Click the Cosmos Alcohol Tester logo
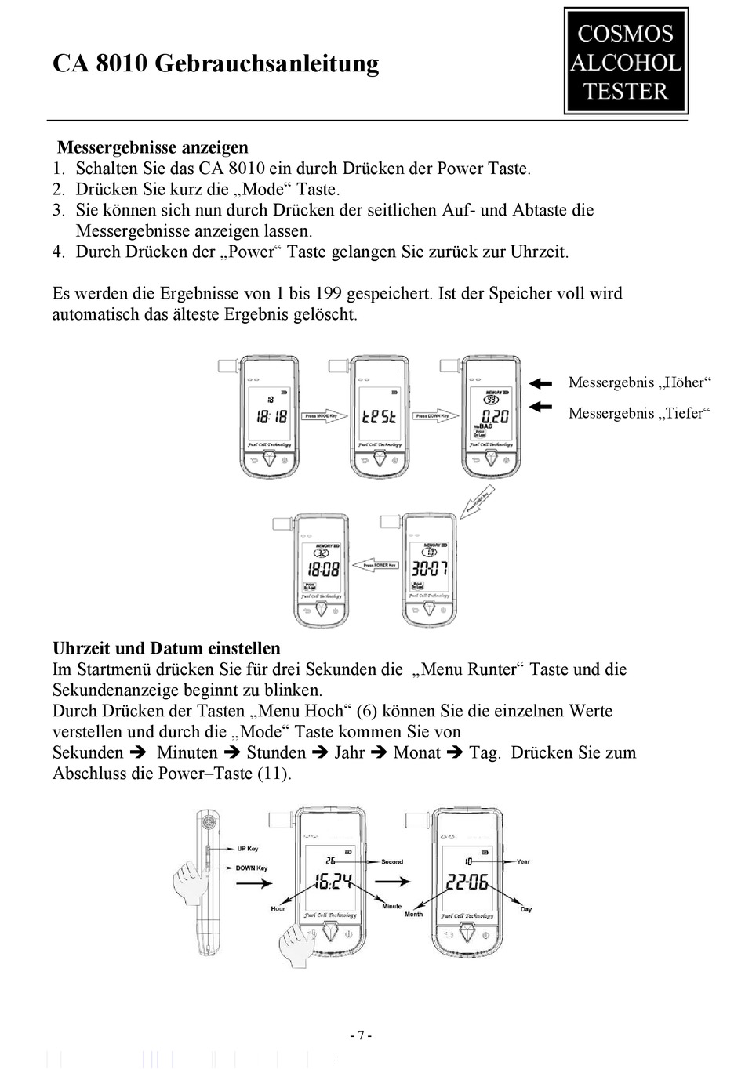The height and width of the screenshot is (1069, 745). [x=626, y=62]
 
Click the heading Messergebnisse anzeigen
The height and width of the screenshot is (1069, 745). [x=153, y=147]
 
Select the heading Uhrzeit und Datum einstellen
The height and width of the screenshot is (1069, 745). [x=166, y=648]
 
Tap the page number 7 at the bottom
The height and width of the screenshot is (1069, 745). [x=361, y=1035]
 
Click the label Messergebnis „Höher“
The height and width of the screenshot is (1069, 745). [x=639, y=382]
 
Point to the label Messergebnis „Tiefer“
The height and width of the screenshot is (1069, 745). [x=639, y=413]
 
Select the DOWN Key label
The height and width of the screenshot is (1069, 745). [x=252, y=868]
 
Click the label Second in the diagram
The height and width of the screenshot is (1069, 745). [x=392, y=861]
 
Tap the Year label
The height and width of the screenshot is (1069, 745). [x=523, y=861]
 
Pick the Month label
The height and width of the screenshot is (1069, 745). [x=413, y=915]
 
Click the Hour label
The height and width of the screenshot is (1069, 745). [x=278, y=908]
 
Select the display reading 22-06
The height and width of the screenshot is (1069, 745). [x=467, y=882]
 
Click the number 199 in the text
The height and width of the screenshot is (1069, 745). [x=327, y=294]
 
